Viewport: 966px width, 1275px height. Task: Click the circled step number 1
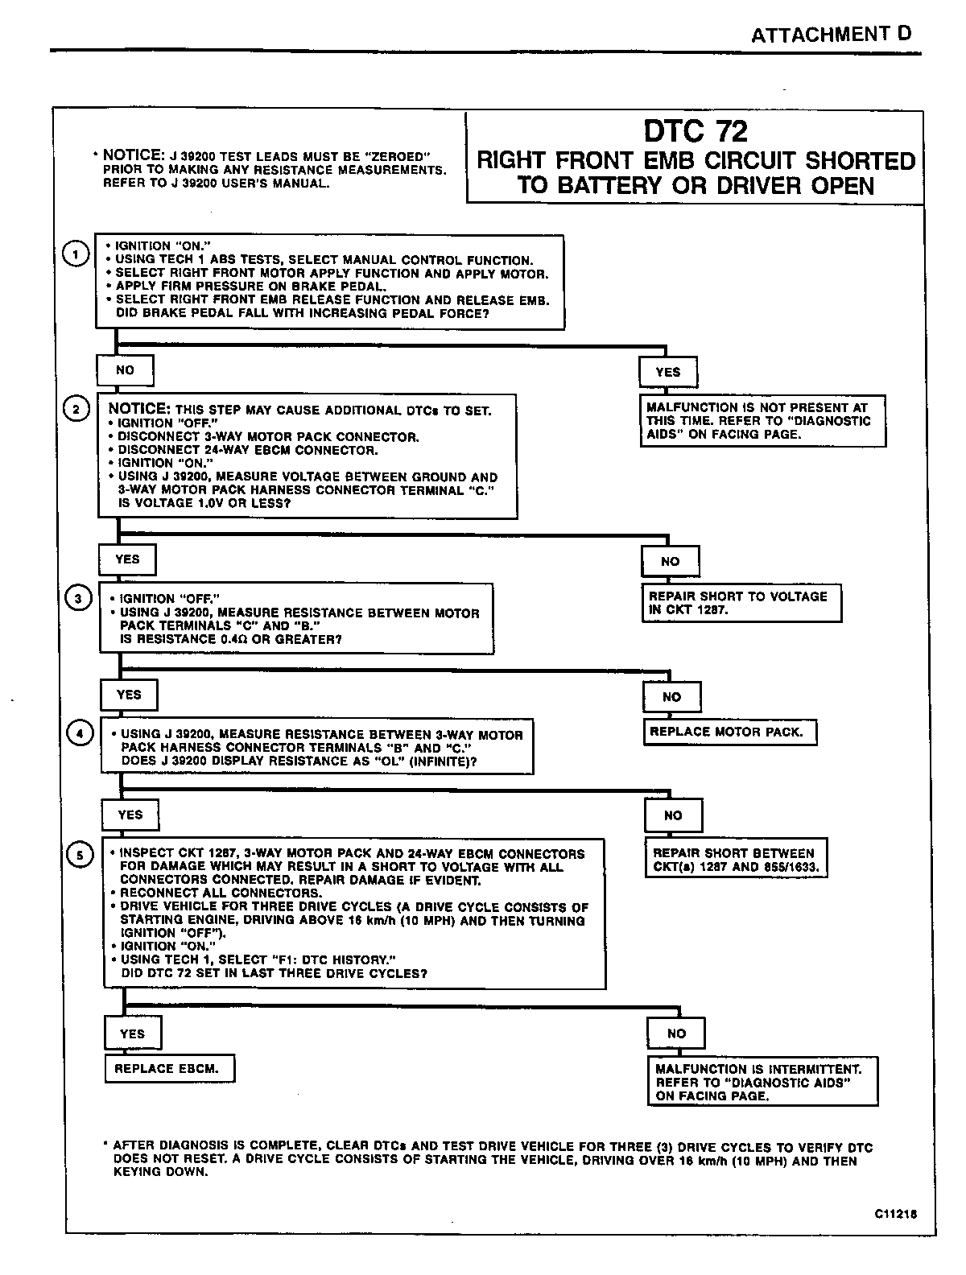click(75, 254)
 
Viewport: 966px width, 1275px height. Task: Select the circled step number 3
click(78, 599)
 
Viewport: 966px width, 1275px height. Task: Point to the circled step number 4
click(79, 734)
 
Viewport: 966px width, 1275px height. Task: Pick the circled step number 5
click(80, 855)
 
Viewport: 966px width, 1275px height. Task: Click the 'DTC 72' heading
click(696, 131)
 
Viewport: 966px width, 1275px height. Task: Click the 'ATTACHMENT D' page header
click(831, 35)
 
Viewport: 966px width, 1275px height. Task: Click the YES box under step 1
click(668, 372)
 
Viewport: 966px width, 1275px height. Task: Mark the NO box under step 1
click(125, 370)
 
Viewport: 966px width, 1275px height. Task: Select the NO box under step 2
click(671, 561)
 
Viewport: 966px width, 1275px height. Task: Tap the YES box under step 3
click(129, 695)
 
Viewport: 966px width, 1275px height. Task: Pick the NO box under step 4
click(673, 815)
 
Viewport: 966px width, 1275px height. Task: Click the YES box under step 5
click(132, 1034)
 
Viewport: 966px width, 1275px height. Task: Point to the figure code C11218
click(894, 1215)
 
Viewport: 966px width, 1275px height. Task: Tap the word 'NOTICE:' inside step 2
click(138, 409)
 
